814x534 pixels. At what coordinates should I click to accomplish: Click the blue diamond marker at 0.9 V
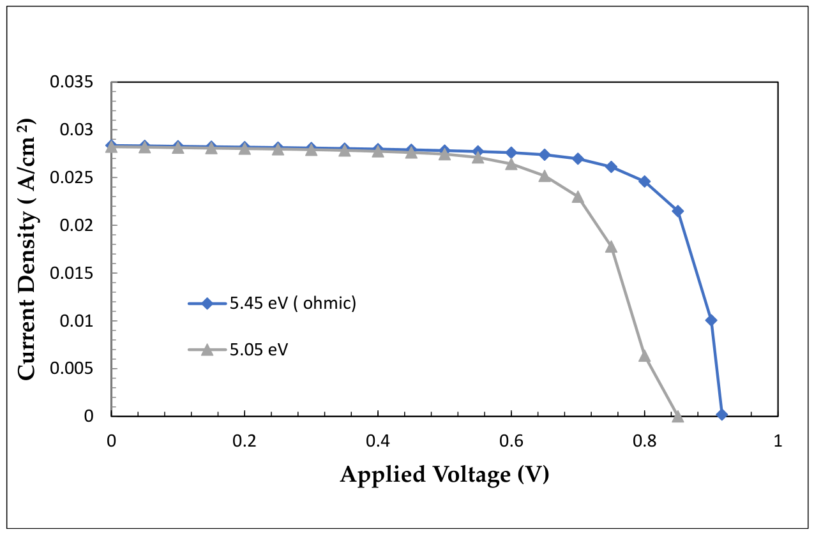[x=711, y=320]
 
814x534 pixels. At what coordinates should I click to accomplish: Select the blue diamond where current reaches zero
[x=721, y=415]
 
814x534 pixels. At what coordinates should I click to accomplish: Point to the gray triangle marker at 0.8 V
[x=644, y=356]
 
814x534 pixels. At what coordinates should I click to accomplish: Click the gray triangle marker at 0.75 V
[x=611, y=247]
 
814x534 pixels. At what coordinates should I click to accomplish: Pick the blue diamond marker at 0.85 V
[x=678, y=211]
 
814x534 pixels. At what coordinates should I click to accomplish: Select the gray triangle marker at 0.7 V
[x=578, y=197]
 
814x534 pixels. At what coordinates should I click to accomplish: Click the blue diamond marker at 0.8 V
[x=645, y=181]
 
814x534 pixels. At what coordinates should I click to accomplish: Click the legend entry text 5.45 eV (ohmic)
[x=293, y=303]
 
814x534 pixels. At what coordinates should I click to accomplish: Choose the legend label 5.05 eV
[x=259, y=350]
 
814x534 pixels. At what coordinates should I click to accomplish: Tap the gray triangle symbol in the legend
[x=207, y=350]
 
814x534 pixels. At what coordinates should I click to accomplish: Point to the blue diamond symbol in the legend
[x=207, y=303]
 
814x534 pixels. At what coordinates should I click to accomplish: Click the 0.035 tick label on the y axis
[x=66, y=82]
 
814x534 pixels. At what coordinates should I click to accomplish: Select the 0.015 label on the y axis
[x=66, y=273]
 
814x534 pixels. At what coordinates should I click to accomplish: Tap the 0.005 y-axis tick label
[x=66, y=368]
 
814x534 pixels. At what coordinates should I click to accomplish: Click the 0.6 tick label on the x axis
[x=511, y=441]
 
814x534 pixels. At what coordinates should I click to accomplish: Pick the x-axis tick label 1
[x=778, y=441]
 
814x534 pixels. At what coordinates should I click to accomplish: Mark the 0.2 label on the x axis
[x=245, y=441]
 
